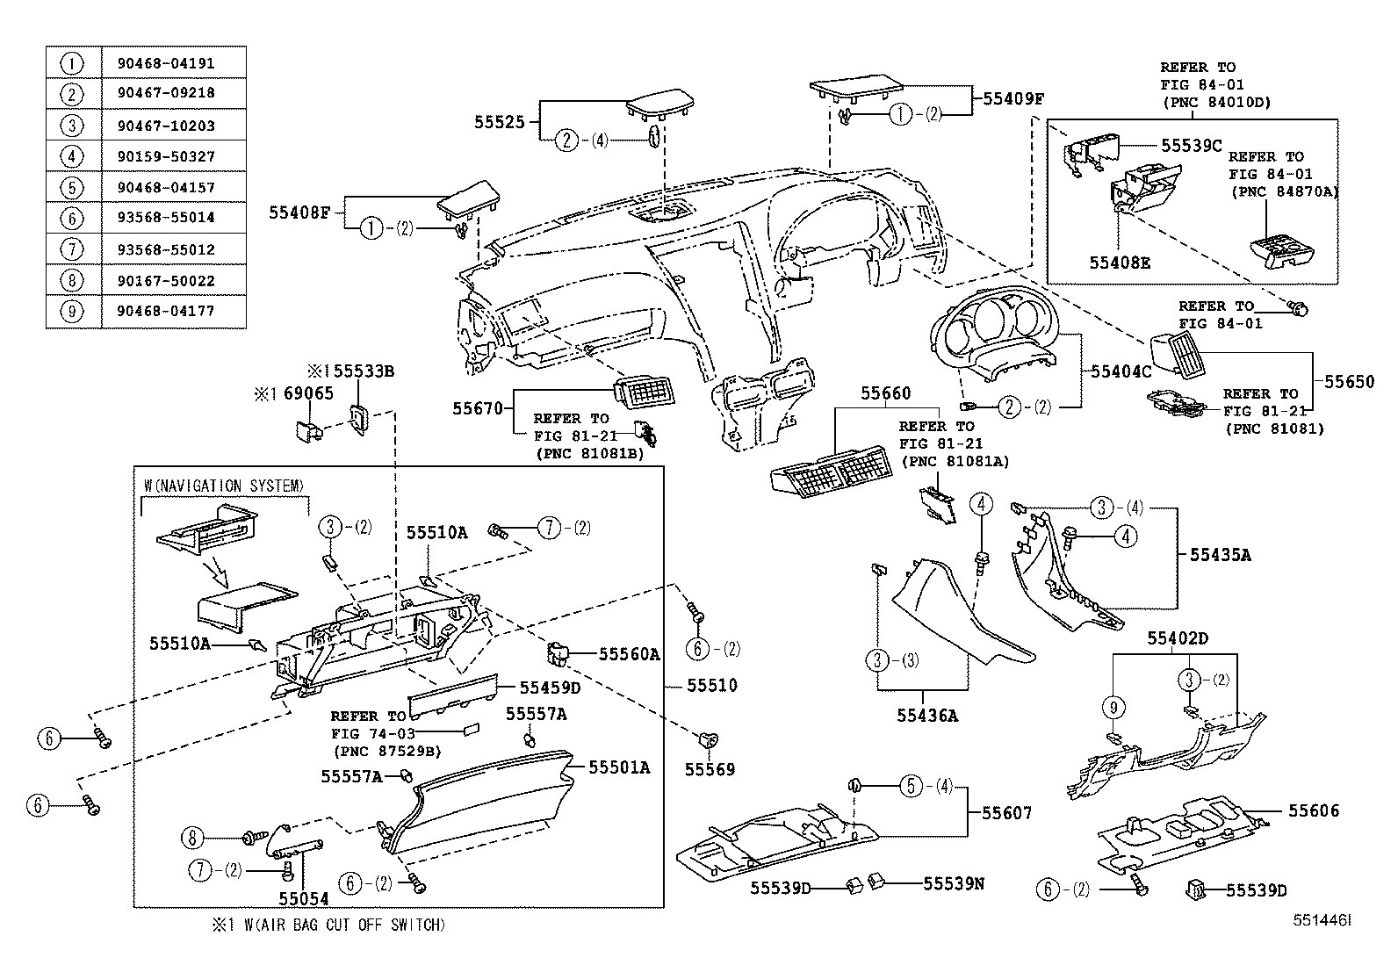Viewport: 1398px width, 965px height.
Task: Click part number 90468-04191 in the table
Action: point(165,63)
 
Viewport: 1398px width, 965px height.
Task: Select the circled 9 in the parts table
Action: point(72,311)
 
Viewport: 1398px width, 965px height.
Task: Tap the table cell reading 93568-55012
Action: point(165,249)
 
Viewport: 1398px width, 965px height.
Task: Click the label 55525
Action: point(500,123)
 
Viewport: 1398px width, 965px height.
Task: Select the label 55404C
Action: point(1121,371)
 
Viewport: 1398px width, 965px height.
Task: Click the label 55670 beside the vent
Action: point(477,408)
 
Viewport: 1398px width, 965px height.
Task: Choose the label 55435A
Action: point(1220,554)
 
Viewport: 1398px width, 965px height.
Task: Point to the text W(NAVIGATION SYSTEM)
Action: point(224,486)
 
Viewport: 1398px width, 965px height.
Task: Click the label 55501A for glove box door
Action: point(618,767)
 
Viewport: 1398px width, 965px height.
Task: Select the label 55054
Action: point(303,898)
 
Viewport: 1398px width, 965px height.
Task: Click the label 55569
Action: point(710,769)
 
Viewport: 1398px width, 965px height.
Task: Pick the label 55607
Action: point(1006,814)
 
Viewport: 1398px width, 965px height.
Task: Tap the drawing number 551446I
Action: point(1320,920)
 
